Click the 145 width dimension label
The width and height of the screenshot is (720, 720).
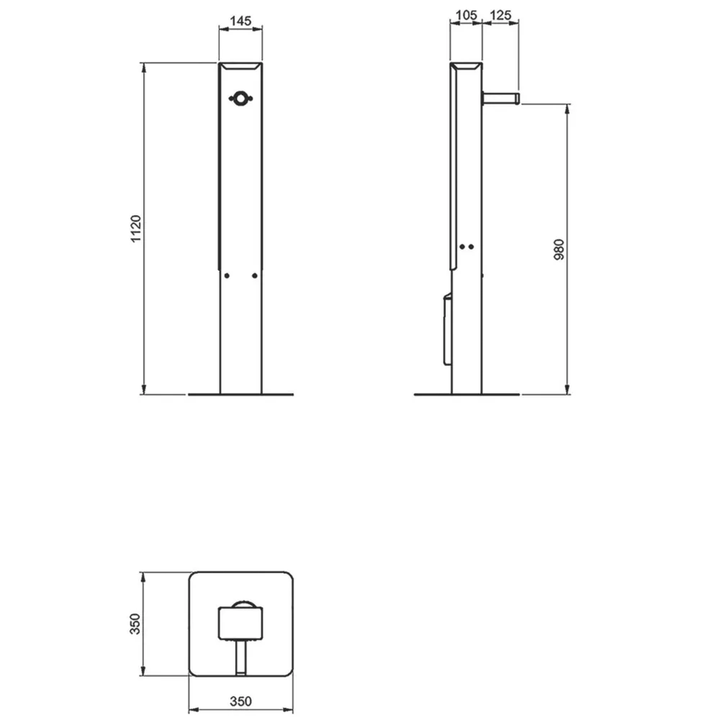[x=240, y=21]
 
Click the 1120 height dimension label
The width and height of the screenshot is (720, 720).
[x=136, y=229]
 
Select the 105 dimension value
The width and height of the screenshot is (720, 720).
[x=466, y=15]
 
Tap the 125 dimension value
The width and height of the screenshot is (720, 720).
[x=500, y=15]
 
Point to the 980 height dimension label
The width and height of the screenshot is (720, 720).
[x=559, y=249]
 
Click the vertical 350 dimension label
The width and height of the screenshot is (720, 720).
[x=135, y=624]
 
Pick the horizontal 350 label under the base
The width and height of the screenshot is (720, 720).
[x=240, y=701]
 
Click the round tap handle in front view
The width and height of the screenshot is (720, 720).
[x=240, y=98]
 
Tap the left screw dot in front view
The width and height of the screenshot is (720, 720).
[x=227, y=276]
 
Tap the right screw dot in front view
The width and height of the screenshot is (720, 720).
[x=255, y=276]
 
